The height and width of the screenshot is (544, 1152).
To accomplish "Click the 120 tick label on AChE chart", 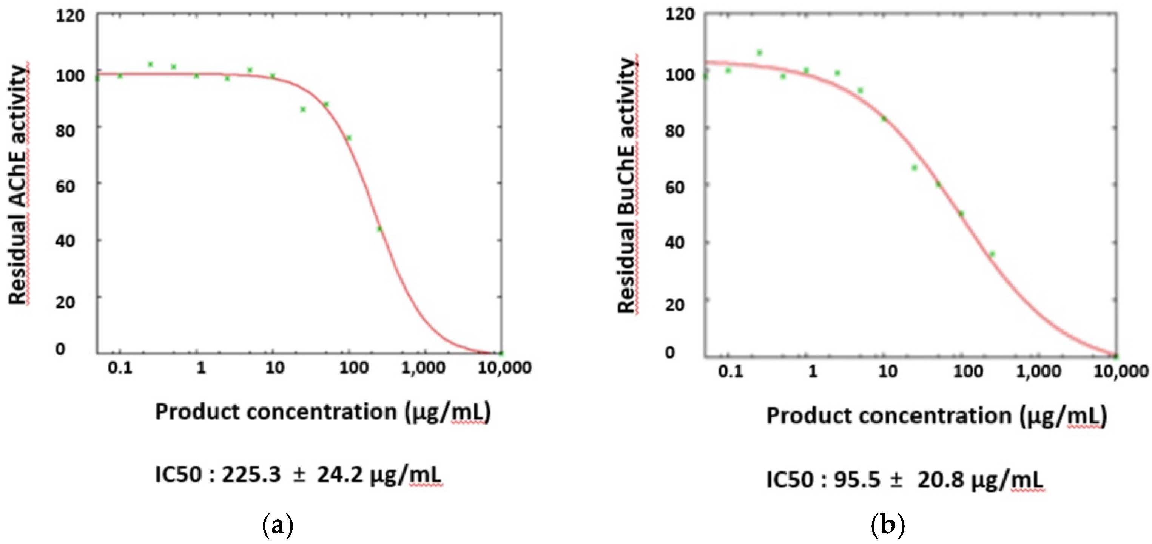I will (x=70, y=16).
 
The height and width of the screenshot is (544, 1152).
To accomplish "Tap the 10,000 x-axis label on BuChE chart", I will (x=1121, y=371).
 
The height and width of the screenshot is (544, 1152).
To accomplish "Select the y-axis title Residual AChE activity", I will (x=18, y=184).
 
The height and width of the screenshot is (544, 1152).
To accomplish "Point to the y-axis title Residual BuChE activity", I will (x=627, y=185).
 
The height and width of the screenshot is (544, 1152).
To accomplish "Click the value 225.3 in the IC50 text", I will (x=251, y=474).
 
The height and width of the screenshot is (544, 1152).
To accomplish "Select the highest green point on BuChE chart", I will (x=759, y=53).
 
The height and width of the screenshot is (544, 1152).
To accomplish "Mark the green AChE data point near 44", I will (x=379, y=229).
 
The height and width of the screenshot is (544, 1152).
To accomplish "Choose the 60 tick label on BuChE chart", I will (x=674, y=187).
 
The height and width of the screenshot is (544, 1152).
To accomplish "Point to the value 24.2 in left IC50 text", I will (x=340, y=474).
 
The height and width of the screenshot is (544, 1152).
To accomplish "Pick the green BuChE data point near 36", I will (x=992, y=254).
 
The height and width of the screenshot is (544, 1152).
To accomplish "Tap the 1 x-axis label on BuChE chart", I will (x=813, y=371).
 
